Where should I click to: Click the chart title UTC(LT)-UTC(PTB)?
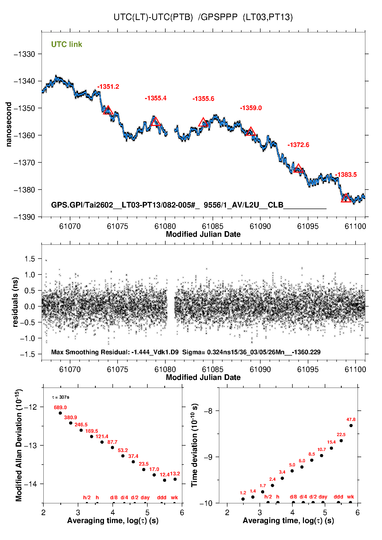[153, 17]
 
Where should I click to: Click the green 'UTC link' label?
[66, 44]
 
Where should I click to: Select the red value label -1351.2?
[108, 87]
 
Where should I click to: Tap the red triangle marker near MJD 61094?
[298, 169]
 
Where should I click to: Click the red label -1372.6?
[298, 145]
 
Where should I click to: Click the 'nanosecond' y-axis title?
[9, 124]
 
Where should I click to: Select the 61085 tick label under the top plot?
[213, 226]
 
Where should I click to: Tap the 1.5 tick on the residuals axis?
[30, 259]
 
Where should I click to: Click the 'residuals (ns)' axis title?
[15, 302]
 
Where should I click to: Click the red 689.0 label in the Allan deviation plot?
[60, 407]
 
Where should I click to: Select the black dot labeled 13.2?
[175, 479]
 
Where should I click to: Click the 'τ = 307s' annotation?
[61, 397]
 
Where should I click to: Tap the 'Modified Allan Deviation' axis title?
[18, 445]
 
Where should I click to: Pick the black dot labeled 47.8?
[351, 426]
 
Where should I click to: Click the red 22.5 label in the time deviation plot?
[341, 435]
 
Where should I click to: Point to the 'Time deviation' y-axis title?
[194, 445]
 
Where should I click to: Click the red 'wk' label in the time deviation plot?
[350, 497]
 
